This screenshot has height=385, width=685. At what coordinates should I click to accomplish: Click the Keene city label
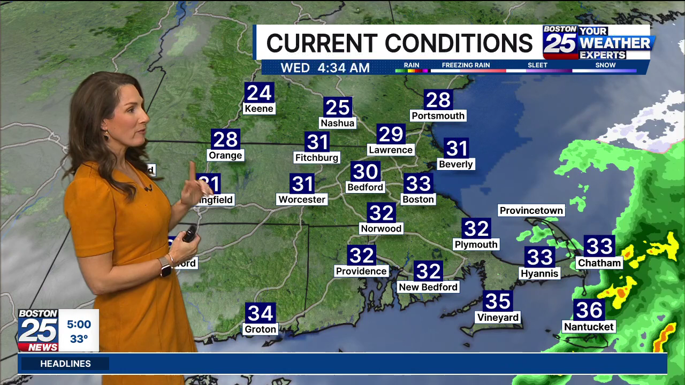[x=259, y=109]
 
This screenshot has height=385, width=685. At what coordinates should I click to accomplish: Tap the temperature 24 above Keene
[x=259, y=93]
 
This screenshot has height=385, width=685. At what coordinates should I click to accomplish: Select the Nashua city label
[x=338, y=123]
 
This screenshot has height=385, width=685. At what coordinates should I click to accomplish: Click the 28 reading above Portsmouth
[x=438, y=99]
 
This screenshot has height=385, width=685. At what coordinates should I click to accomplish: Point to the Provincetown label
[x=531, y=211]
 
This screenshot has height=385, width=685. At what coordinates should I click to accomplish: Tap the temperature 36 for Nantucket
[x=589, y=310]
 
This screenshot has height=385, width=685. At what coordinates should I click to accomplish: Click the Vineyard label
[x=498, y=318]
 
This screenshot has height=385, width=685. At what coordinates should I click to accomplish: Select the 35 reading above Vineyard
[x=498, y=301]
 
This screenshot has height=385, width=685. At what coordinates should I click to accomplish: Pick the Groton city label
[x=261, y=329]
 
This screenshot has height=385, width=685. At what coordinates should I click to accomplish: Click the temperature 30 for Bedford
[x=366, y=172]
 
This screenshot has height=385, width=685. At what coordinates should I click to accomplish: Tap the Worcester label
[x=302, y=199]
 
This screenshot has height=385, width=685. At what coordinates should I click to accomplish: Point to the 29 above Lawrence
[x=391, y=134]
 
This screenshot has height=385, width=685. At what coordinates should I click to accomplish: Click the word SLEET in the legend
[x=537, y=65]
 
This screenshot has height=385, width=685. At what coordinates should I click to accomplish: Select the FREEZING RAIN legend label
[x=466, y=65]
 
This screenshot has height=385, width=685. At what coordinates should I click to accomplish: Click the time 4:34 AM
[x=343, y=68]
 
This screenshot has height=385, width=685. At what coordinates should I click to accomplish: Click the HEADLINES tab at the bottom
[x=65, y=364]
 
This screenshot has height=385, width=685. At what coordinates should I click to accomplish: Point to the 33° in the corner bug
[x=79, y=339]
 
